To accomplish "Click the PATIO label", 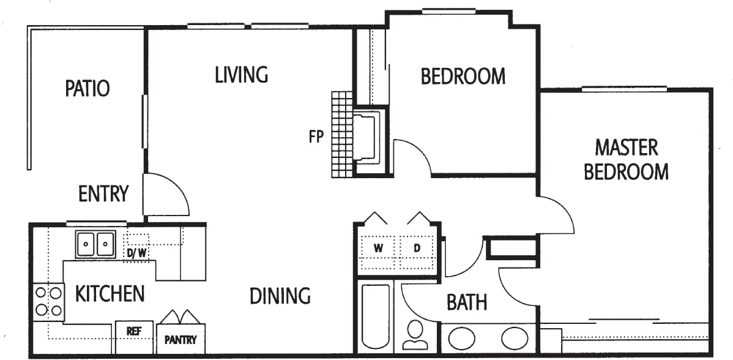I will (87, 88).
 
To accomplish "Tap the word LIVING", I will (242, 75).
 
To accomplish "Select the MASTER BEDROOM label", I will (626, 160).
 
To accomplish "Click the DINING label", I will (280, 296).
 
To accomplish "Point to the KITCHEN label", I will (110, 294).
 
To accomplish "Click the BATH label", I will (467, 302).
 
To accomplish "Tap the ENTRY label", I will (103, 194).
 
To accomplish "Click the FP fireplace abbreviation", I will (316, 137).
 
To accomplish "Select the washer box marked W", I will (378, 249).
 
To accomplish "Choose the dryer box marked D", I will (417, 249).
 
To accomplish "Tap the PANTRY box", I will (180, 339).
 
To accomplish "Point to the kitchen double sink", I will (95, 244).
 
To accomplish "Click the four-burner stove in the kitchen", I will (49, 301).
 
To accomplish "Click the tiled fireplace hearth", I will (342, 135).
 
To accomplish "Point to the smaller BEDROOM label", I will (463, 77).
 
